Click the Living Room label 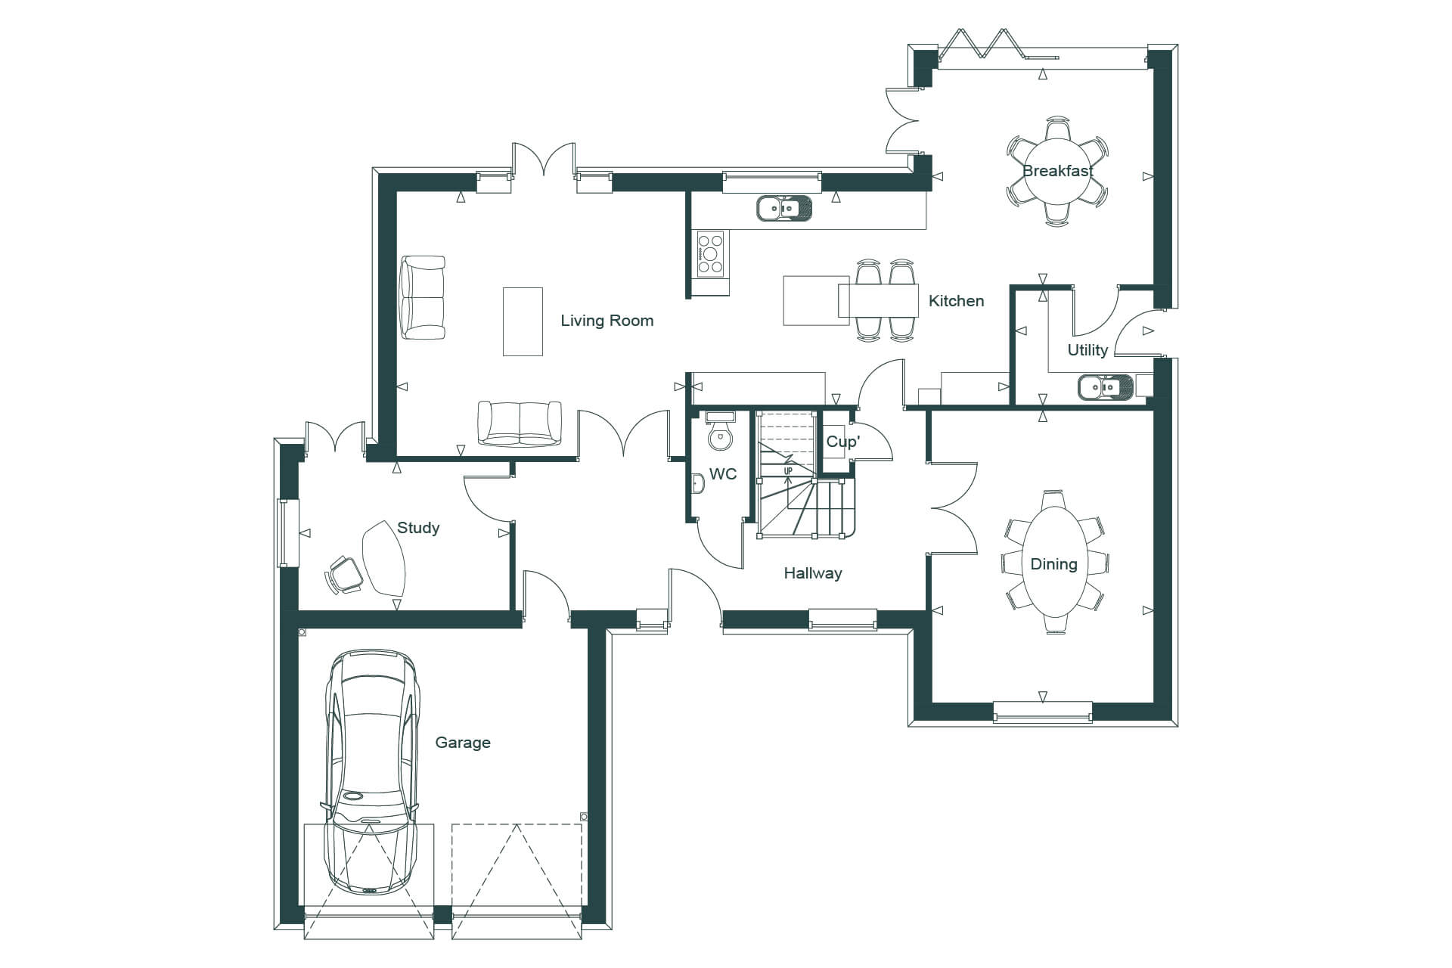click(607, 321)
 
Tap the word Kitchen click(956, 301)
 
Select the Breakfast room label click(1058, 171)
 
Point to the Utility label click(1087, 350)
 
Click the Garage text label click(463, 743)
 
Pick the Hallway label click(813, 573)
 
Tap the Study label click(418, 528)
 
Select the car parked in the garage click(371, 772)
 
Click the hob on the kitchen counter click(711, 253)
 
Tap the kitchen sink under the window click(784, 207)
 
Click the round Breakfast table click(1058, 171)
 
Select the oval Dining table click(1054, 563)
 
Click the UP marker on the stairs click(788, 471)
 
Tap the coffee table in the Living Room click(523, 321)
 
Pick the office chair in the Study click(343, 575)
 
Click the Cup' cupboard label click(842, 442)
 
